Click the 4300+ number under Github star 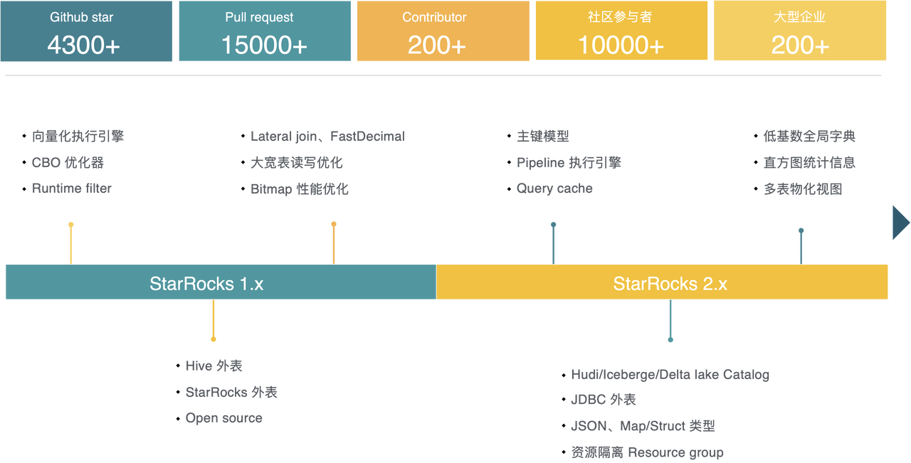coord(83,45)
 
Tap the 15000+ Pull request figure coord(264,45)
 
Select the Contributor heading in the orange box coord(434,17)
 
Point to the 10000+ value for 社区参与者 coord(621,45)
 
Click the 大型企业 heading coord(799,17)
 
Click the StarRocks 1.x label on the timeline coord(206,283)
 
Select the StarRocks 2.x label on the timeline coord(670,283)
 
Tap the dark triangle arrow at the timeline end coord(900,223)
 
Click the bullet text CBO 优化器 coord(68,163)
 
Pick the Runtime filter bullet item coord(72,188)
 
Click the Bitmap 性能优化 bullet coord(300,189)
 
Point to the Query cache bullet coord(554,188)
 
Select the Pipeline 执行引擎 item coord(569,163)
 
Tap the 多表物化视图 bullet coord(803,189)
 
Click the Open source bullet coord(223,418)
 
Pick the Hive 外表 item coord(214,366)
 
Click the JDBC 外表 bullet coord(603,400)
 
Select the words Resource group coord(675,452)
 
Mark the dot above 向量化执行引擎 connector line coord(70,224)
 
